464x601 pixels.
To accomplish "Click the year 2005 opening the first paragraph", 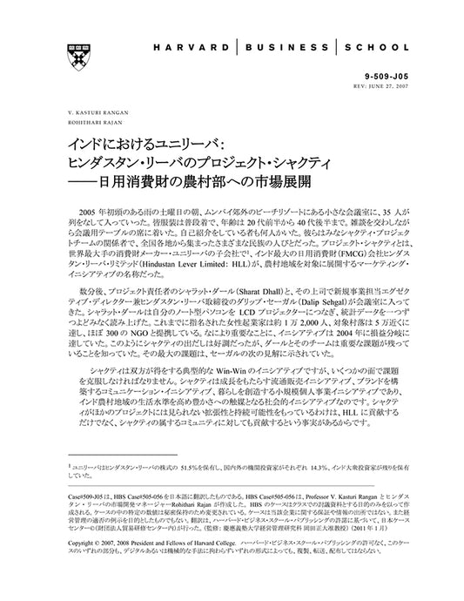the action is click(x=90, y=213).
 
